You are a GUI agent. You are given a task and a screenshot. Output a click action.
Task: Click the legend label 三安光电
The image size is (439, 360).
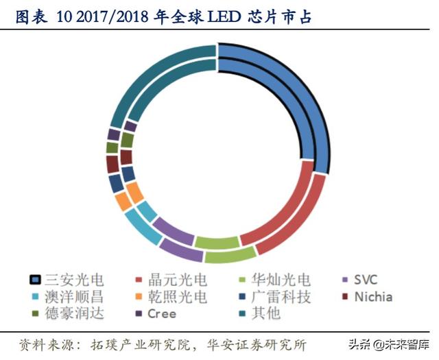tap(75, 280)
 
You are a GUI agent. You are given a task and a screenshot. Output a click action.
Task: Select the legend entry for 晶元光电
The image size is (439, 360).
tap(178, 280)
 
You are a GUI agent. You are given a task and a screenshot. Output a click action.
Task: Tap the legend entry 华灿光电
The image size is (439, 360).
tap(281, 280)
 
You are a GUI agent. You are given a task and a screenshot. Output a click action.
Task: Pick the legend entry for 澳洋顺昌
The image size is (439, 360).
tap(75, 297)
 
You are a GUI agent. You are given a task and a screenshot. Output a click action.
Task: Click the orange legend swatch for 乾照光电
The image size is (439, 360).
tap(139, 298)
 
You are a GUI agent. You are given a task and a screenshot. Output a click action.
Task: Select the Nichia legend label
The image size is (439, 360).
tap(373, 297)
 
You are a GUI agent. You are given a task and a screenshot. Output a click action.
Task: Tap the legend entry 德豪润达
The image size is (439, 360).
tap(75, 314)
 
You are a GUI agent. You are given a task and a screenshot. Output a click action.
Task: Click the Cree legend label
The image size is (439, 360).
tap(162, 314)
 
